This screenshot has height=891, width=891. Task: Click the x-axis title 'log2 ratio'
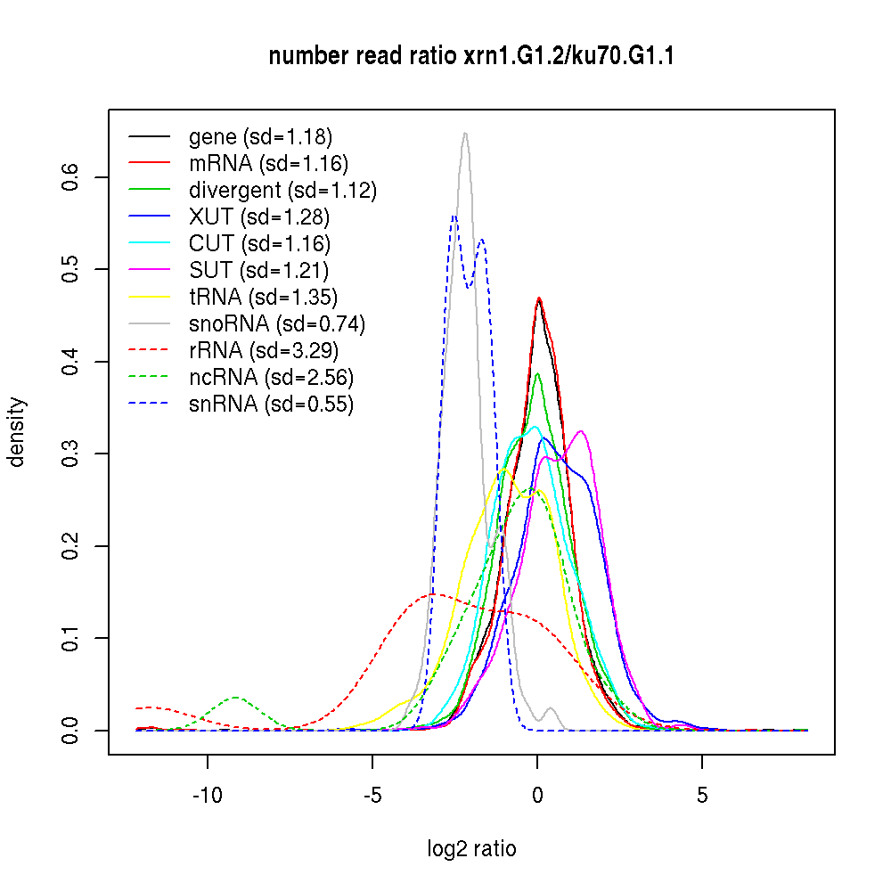point(471,848)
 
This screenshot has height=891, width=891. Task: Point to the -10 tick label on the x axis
point(208,794)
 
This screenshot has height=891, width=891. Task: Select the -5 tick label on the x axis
point(372,794)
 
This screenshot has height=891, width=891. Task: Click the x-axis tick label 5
point(702,794)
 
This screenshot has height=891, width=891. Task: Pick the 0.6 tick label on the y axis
point(70,177)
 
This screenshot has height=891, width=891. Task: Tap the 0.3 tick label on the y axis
point(70,454)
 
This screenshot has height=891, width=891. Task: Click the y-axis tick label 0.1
point(70,638)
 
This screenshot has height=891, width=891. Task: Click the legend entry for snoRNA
point(277,323)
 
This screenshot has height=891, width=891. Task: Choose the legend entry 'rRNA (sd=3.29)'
point(264,350)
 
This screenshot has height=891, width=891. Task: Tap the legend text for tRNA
point(263,297)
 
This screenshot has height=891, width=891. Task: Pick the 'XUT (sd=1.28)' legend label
point(259,217)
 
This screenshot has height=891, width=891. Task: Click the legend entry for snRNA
point(271,404)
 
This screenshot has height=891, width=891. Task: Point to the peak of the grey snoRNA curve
point(465,134)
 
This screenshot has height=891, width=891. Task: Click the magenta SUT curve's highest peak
point(581,431)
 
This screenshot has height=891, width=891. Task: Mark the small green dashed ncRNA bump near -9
point(235,697)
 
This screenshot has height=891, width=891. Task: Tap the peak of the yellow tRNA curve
point(504,470)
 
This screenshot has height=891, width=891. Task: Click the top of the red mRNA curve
point(539,298)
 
